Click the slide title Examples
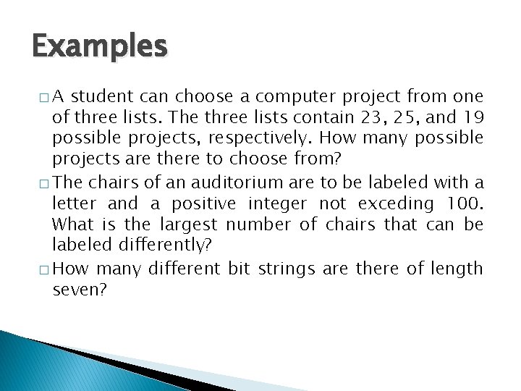[x=100, y=47]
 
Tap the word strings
[x=291, y=269]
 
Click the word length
[x=457, y=269]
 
